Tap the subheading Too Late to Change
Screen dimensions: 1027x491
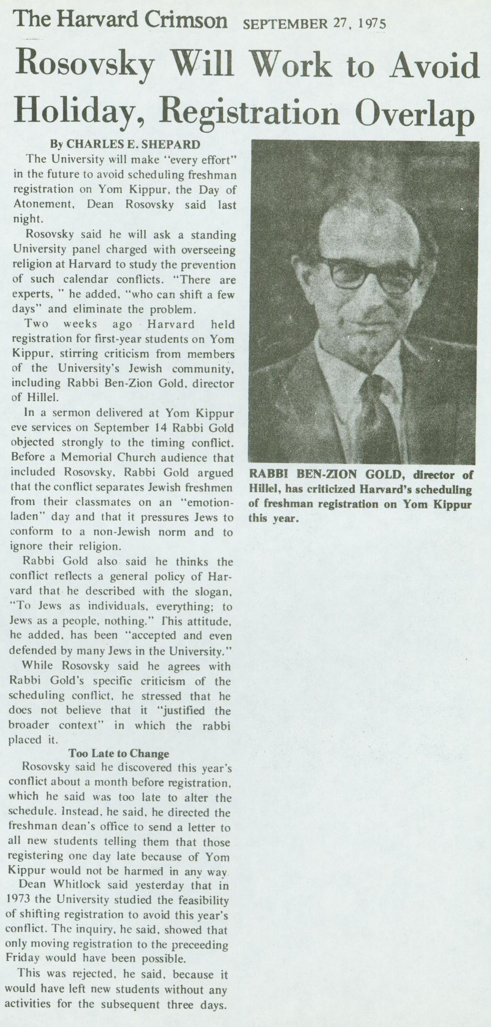click(119, 753)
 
